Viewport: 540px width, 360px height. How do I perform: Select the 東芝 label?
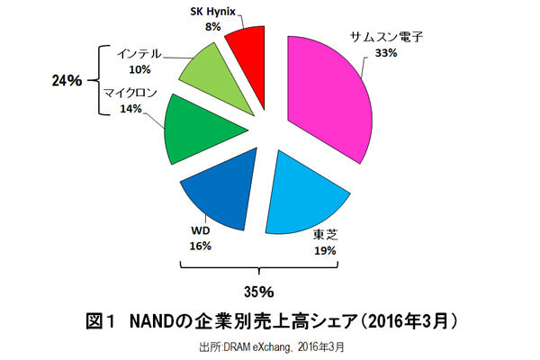click(x=325, y=234)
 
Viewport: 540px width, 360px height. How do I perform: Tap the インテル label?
click(x=139, y=53)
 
